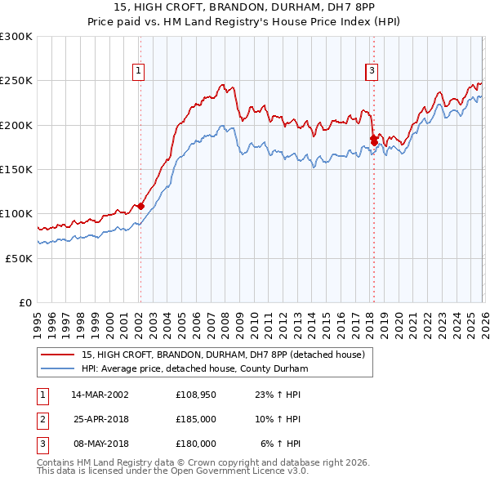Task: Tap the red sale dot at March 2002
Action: point(140,206)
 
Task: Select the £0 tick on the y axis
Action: point(26,302)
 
